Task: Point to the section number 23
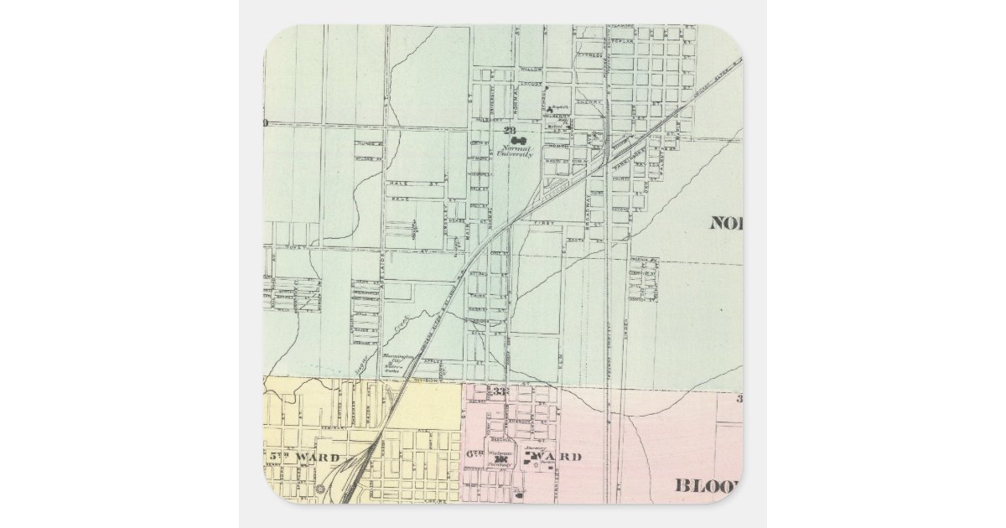[x=509, y=131]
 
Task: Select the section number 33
[x=502, y=391]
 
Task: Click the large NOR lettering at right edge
[x=726, y=223]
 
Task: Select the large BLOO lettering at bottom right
[x=708, y=485]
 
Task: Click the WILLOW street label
[x=532, y=69]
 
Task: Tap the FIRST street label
[x=545, y=223]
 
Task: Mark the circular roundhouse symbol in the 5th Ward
[x=321, y=488]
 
